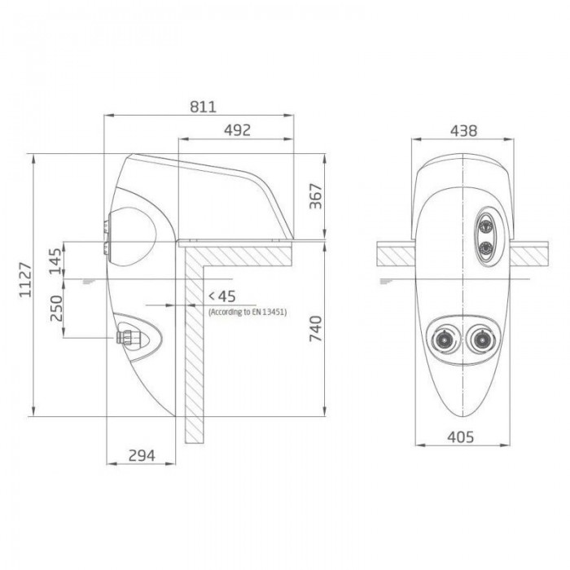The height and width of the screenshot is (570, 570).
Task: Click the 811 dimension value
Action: click(203, 107)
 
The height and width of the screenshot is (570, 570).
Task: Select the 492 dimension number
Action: click(237, 130)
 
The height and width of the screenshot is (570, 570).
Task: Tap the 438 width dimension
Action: click(463, 131)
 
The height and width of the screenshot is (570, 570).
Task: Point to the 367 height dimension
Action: click(316, 196)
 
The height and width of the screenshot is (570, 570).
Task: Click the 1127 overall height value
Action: click(25, 279)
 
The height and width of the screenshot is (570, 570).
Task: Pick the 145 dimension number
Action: click(55, 261)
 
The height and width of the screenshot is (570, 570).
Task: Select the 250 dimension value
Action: click(56, 309)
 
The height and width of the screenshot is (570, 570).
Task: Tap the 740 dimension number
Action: click(316, 329)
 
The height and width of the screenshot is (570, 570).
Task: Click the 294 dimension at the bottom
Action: click(142, 455)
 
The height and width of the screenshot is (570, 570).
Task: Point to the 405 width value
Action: click(461, 437)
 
